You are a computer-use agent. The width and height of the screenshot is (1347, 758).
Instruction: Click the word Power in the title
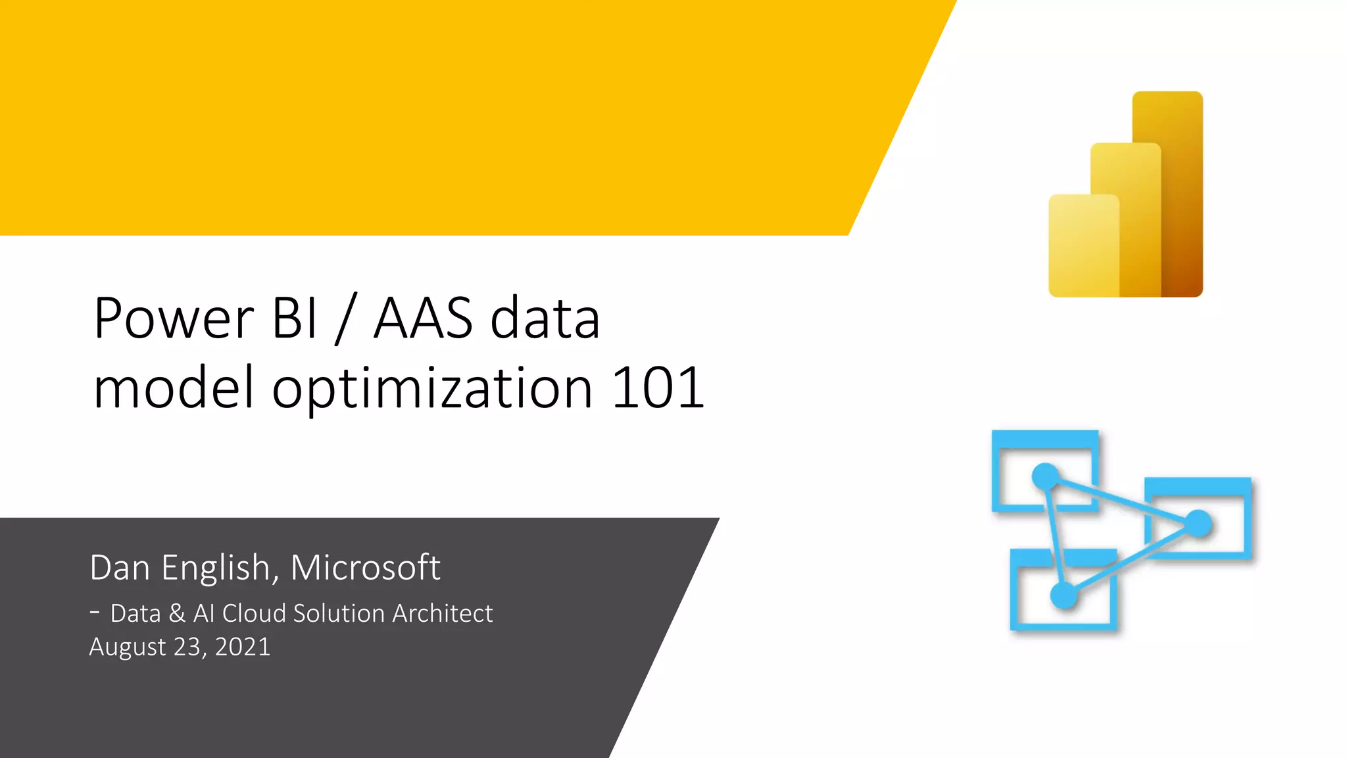174,319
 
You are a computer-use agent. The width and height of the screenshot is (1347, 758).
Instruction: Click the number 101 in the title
658,388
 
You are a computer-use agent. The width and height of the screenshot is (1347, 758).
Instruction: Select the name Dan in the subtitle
120,568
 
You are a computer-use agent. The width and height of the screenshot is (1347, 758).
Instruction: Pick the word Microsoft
365,568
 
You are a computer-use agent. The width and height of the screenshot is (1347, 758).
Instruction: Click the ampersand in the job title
176,614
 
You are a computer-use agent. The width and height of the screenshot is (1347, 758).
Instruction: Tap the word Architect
443,614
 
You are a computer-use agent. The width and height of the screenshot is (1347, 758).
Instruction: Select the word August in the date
128,647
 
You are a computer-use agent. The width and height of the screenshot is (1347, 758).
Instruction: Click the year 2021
242,647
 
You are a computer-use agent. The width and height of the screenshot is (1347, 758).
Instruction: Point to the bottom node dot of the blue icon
1064,595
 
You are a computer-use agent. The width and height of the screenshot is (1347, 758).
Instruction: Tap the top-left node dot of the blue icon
1045,476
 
